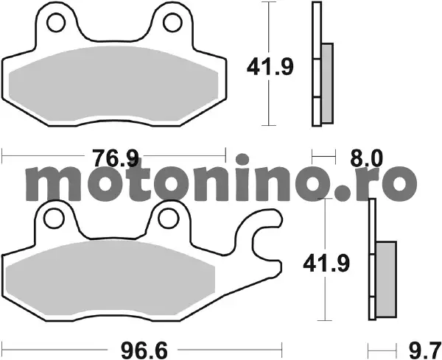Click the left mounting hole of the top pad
coord(56,23)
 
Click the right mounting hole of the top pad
coord(172,23)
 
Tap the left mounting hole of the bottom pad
coord(54,218)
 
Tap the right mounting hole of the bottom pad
coord(169,218)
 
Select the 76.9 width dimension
coord(116,158)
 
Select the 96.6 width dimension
coord(144,350)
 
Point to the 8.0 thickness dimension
coord(366,158)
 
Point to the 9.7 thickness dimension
coord(425,350)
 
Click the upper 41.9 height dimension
coord(270,67)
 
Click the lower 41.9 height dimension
coord(326,264)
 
